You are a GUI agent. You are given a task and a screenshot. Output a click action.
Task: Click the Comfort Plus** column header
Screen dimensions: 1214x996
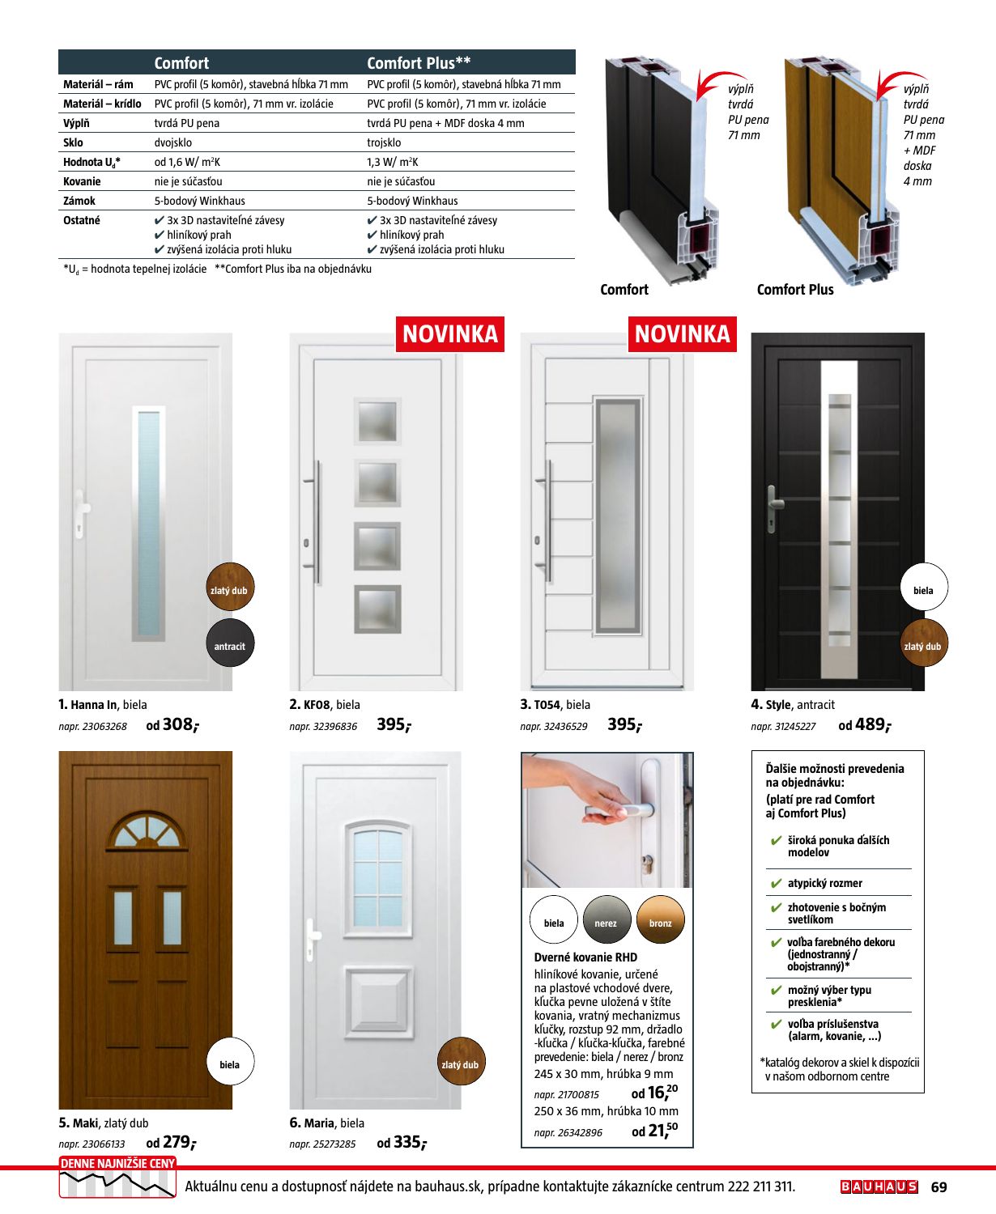click(419, 63)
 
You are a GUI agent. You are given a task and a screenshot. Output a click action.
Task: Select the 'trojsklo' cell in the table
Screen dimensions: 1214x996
click(384, 142)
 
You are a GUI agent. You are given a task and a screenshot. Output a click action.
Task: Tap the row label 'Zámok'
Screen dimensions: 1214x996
click(79, 201)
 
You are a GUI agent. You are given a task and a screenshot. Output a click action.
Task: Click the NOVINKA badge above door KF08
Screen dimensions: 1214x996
click(449, 334)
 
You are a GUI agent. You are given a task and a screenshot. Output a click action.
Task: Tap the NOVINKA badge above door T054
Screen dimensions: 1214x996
click(682, 334)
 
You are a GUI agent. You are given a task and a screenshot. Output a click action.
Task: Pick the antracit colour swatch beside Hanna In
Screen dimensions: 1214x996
click(230, 645)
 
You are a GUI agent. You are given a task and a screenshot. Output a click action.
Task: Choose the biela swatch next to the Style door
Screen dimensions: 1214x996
click(923, 589)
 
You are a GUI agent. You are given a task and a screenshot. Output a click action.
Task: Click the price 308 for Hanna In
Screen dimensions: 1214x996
click(179, 724)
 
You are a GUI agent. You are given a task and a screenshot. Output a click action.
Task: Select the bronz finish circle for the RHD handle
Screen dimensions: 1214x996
click(660, 922)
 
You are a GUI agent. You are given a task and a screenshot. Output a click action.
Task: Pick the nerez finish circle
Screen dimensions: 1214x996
click(606, 922)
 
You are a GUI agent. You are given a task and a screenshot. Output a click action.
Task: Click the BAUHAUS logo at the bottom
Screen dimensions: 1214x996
click(879, 1186)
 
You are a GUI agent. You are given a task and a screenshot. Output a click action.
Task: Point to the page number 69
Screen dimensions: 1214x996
click(939, 1187)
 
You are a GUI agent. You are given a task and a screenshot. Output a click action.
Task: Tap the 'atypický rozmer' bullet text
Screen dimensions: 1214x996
click(824, 883)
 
